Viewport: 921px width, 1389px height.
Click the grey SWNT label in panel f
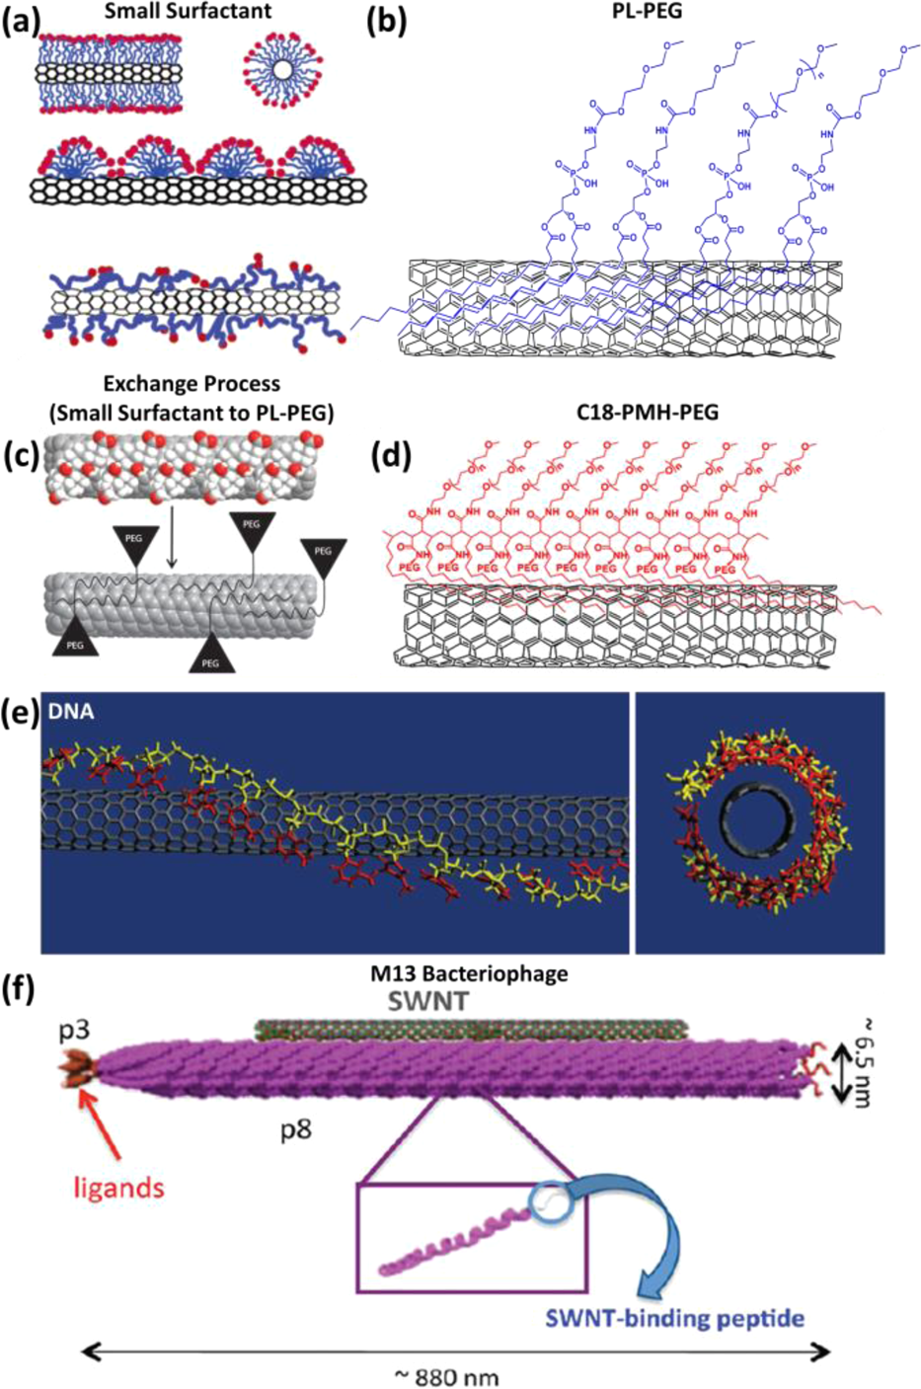415,1001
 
